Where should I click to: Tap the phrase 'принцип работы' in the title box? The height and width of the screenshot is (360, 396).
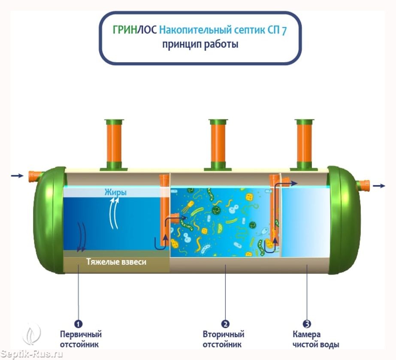[200, 44]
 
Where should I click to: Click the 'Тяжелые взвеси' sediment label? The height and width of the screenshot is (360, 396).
[116, 261]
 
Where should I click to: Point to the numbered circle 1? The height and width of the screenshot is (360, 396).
[79, 324]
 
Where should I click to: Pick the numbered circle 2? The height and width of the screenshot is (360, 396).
[225, 324]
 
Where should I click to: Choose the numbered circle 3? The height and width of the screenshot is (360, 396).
[307, 324]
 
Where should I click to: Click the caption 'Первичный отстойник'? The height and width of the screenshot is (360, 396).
[81, 339]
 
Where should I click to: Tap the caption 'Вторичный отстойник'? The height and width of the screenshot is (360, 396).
[224, 339]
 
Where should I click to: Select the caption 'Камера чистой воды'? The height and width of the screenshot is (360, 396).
[316, 339]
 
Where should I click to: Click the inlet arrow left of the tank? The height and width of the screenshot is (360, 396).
[17, 175]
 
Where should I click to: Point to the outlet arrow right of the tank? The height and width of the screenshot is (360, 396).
[379, 186]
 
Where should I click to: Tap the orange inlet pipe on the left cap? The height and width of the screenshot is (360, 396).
[34, 175]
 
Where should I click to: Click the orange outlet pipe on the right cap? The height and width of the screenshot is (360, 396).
[363, 186]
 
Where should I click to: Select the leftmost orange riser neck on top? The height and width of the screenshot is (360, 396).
[114, 144]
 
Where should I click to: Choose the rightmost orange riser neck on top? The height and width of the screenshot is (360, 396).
[305, 144]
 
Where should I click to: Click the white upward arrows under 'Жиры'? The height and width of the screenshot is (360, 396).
[113, 214]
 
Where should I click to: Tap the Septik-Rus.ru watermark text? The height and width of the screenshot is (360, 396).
[32, 354]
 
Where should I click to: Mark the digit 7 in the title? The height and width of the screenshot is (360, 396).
[284, 31]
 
